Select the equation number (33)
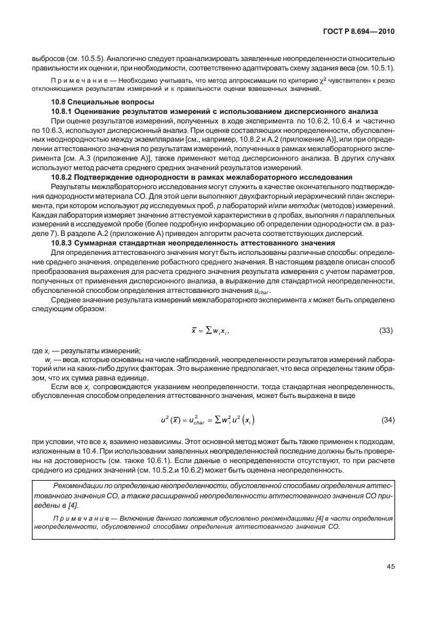(x=386, y=330)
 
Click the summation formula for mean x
(x=211, y=330)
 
